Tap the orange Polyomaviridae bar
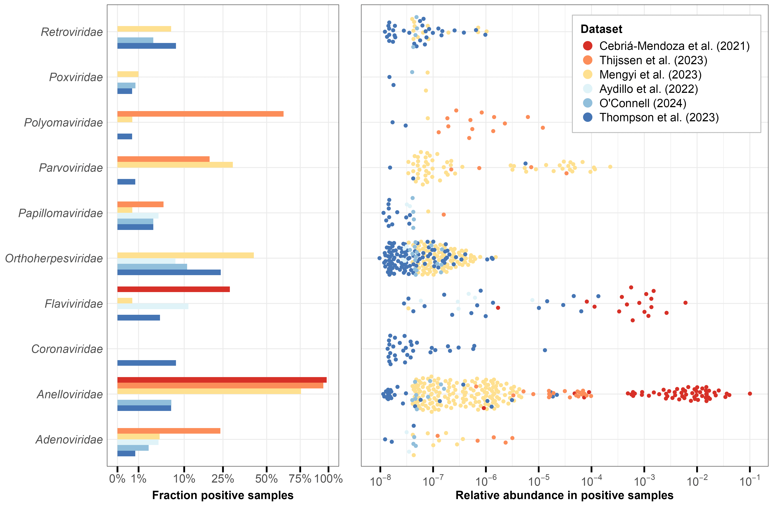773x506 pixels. tap(200, 114)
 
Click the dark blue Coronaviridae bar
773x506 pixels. tap(146, 363)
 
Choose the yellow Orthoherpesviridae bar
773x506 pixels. tap(185, 255)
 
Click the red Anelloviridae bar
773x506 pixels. tap(222, 380)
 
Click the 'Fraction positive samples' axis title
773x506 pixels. tap(223, 495)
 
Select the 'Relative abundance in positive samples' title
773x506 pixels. tap(565, 495)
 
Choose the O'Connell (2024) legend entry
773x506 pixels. tap(642, 103)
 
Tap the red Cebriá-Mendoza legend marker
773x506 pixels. tap(588, 46)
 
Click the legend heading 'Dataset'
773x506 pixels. tap(601, 29)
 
